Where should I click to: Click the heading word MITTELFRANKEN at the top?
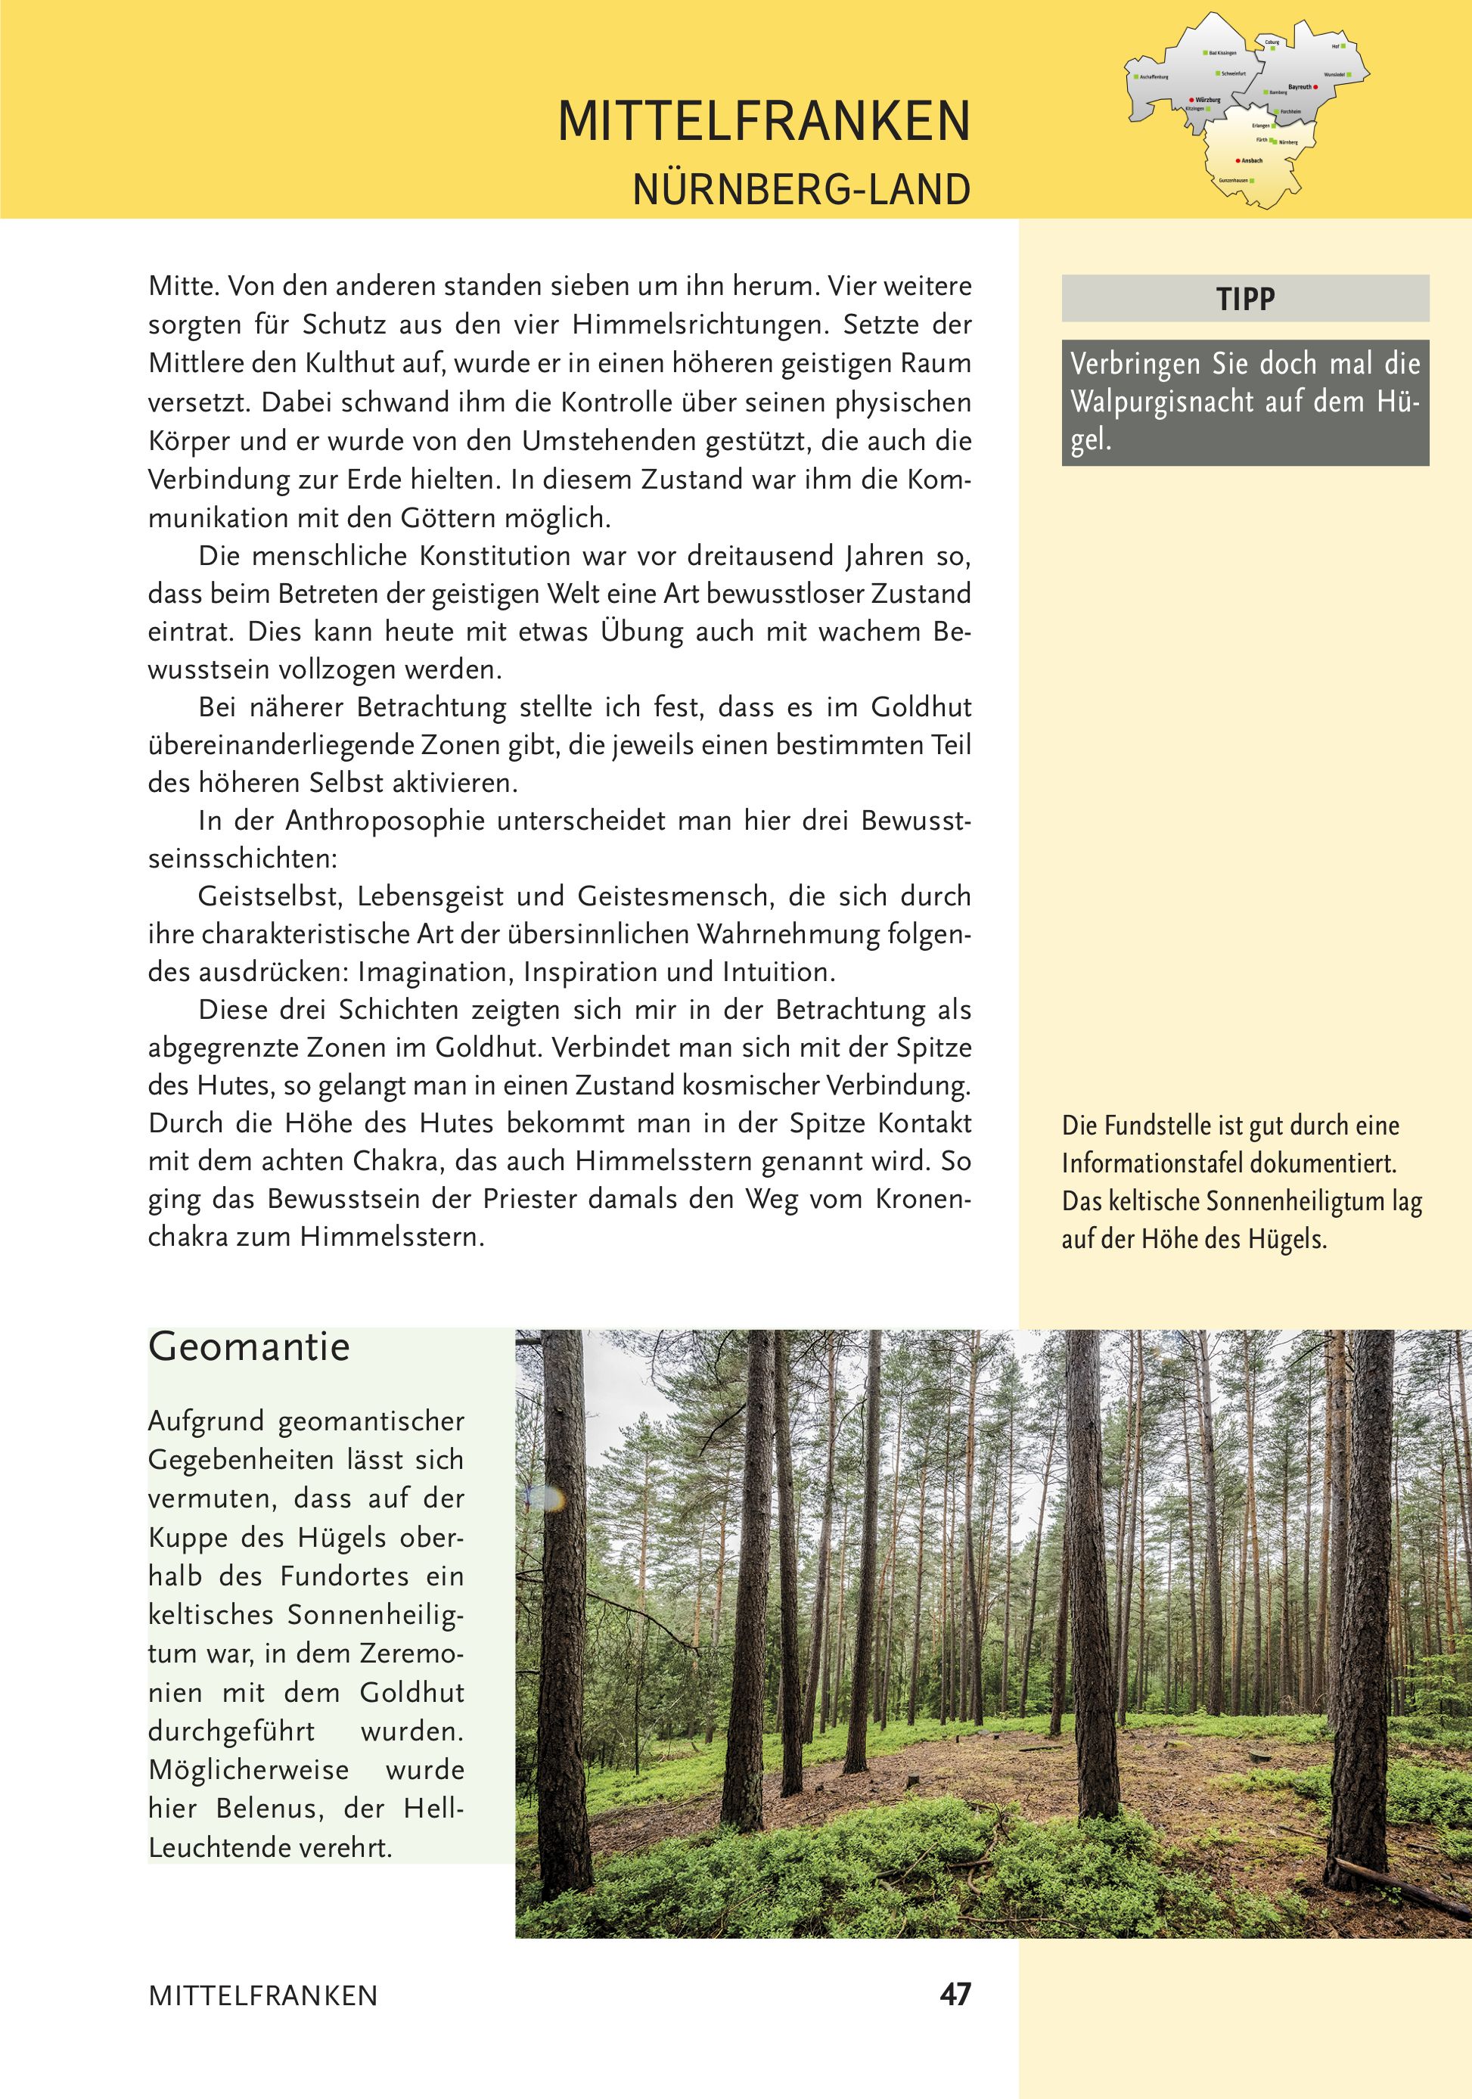[763, 122]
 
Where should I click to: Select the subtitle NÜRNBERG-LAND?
[801, 190]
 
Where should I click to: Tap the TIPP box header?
[1244, 299]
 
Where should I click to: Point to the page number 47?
[955, 1994]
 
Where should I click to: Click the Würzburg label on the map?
[1208, 100]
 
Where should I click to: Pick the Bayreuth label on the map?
[1300, 87]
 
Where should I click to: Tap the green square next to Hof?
[1343, 45]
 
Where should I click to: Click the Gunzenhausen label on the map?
[1234, 181]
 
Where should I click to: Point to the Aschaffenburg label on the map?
[1154, 78]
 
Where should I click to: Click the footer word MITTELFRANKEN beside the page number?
[262, 1995]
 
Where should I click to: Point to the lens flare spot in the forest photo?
[546, 1497]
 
